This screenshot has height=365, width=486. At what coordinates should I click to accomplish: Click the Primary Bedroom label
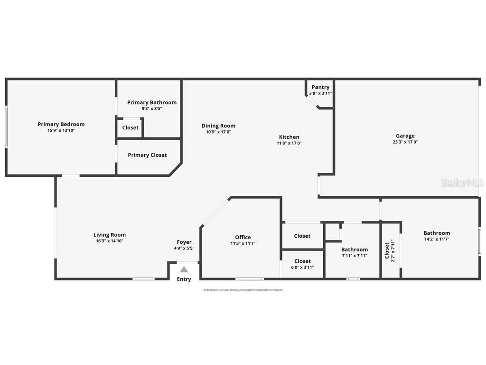click(x=61, y=124)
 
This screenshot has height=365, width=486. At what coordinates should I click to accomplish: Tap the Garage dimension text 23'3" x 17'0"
click(x=405, y=142)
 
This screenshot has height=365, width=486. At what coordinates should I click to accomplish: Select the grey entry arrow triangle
click(x=184, y=269)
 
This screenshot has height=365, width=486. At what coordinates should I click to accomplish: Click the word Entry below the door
click(x=184, y=279)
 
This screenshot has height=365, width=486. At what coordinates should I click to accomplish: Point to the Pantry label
click(x=320, y=87)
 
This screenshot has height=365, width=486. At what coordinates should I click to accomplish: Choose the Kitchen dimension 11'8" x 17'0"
click(x=289, y=143)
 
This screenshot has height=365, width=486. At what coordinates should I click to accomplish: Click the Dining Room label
click(x=218, y=126)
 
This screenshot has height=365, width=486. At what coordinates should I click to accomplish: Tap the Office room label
click(x=243, y=237)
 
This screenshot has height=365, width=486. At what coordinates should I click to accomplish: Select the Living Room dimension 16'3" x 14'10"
click(x=109, y=241)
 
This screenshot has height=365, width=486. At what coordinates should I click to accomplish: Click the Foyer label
click(x=184, y=242)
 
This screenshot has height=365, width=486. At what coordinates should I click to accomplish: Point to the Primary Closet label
click(x=147, y=155)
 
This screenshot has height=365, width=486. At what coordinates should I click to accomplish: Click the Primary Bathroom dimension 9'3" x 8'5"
click(x=151, y=108)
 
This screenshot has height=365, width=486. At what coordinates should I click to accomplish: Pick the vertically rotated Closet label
click(x=387, y=250)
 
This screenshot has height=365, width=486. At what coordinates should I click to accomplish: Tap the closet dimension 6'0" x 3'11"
click(x=302, y=267)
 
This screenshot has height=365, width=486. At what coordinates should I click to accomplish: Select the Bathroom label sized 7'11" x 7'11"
click(x=354, y=250)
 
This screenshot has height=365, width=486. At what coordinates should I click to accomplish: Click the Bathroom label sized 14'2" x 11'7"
click(x=437, y=233)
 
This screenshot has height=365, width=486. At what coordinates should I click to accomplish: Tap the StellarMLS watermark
click(x=462, y=182)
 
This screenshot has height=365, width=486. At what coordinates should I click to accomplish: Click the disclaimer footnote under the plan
click(x=243, y=290)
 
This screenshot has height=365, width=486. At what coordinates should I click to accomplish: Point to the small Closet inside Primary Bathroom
click(x=131, y=127)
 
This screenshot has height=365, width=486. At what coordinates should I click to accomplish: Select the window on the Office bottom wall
click(x=250, y=279)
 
